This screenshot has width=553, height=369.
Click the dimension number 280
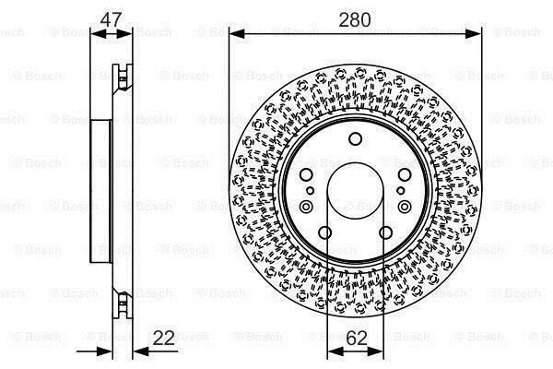click(355, 19)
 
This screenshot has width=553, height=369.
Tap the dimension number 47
click(112, 19)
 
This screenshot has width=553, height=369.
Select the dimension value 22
click(164, 338)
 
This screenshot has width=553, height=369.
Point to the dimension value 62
click(357, 338)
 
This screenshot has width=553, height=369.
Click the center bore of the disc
click(355, 191)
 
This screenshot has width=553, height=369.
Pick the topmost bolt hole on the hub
click(355, 138)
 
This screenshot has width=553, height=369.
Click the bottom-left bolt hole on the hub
click(324, 232)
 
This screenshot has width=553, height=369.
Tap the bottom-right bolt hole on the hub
click(385, 232)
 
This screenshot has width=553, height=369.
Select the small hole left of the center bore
click(310, 191)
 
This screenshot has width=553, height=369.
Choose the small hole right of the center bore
click(400, 191)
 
